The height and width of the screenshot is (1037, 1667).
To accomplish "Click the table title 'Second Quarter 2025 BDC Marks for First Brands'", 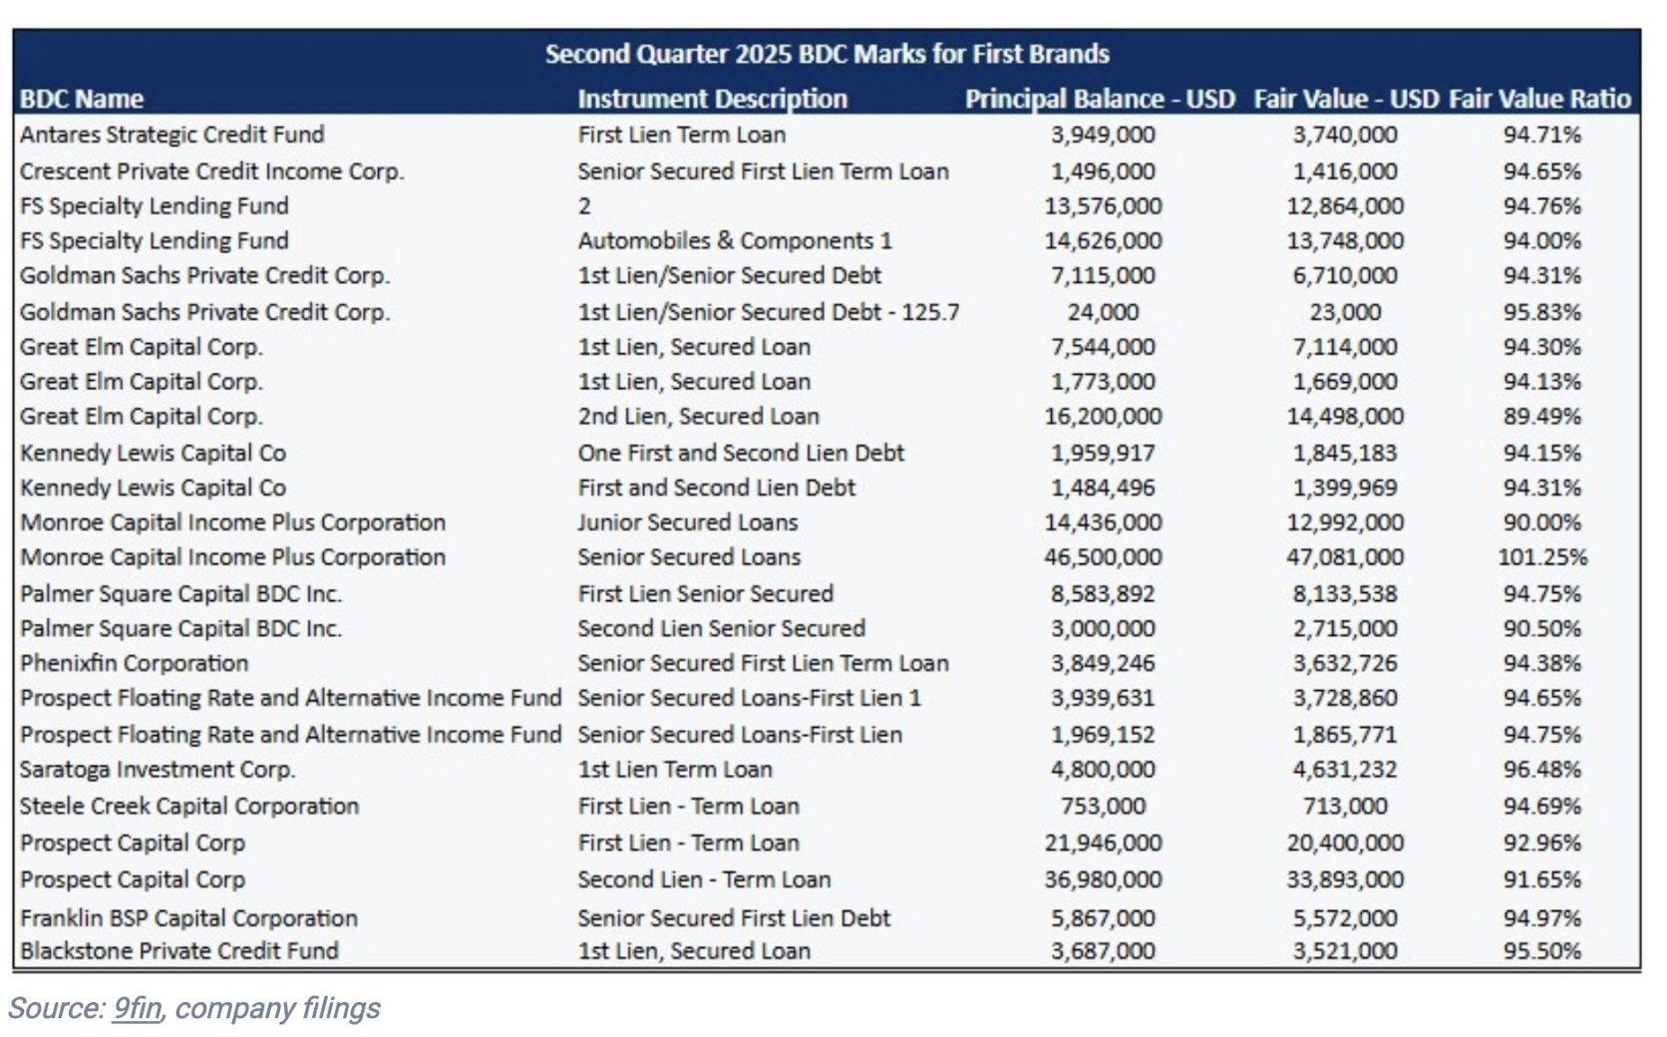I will click(827, 54).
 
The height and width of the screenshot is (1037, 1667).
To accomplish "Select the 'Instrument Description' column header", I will click(712, 99).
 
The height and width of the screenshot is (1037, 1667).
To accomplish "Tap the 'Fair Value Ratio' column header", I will click(1539, 99).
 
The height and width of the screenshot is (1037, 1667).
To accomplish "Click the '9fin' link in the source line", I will click(137, 1008).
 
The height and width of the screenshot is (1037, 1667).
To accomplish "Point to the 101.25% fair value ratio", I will click(1541, 557).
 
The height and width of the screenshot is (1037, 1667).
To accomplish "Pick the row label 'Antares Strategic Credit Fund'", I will click(171, 135).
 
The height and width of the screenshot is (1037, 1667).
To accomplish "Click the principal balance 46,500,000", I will click(1103, 557).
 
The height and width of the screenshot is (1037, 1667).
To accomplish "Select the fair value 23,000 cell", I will click(1345, 312).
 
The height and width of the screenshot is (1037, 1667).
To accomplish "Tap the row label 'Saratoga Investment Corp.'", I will click(158, 770).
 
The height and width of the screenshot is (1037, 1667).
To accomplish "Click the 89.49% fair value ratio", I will click(1541, 417).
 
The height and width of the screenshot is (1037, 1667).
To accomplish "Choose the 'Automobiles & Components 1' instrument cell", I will click(735, 241).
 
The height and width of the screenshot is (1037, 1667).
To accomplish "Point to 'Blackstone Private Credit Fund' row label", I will click(179, 951).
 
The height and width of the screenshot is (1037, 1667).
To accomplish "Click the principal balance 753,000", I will click(1103, 806).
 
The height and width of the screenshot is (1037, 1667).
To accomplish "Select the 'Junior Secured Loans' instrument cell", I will click(688, 522).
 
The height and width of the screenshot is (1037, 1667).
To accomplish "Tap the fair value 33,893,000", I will click(1345, 879).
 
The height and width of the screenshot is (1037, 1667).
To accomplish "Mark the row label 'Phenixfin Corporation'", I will click(135, 664).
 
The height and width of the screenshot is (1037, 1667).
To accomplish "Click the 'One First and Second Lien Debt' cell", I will click(741, 453).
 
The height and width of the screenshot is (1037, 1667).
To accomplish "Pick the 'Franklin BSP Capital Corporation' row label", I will click(188, 918).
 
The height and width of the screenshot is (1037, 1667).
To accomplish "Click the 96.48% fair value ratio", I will click(1541, 770).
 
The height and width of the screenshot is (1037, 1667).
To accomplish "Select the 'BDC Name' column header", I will click(82, 99).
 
